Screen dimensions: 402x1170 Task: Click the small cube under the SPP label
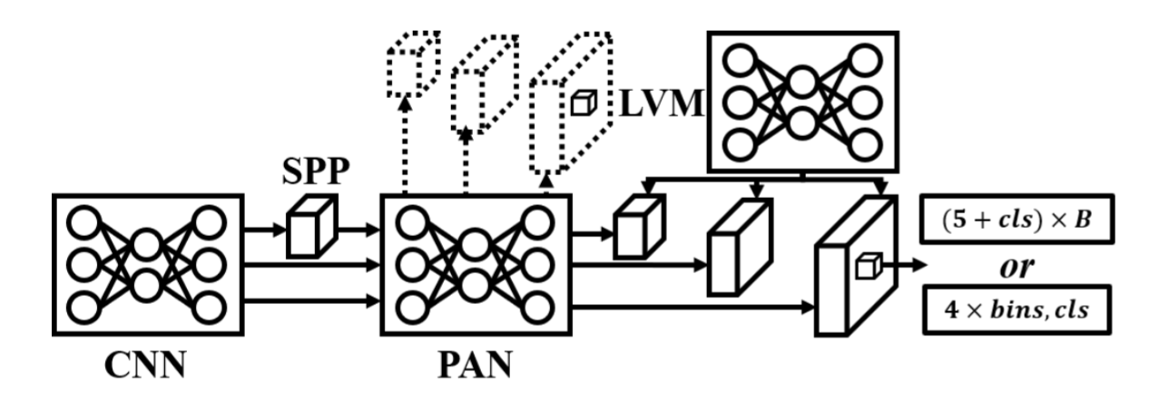tap(311, 230)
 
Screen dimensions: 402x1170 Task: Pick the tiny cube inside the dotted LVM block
tap(582, 103)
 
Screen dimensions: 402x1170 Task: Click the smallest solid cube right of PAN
tap(639, 228)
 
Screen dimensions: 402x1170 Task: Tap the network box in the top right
tap(801, 101)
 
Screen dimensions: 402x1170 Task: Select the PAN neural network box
tap(475, 264)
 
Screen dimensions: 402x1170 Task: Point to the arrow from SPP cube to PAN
tap(358, 230)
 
